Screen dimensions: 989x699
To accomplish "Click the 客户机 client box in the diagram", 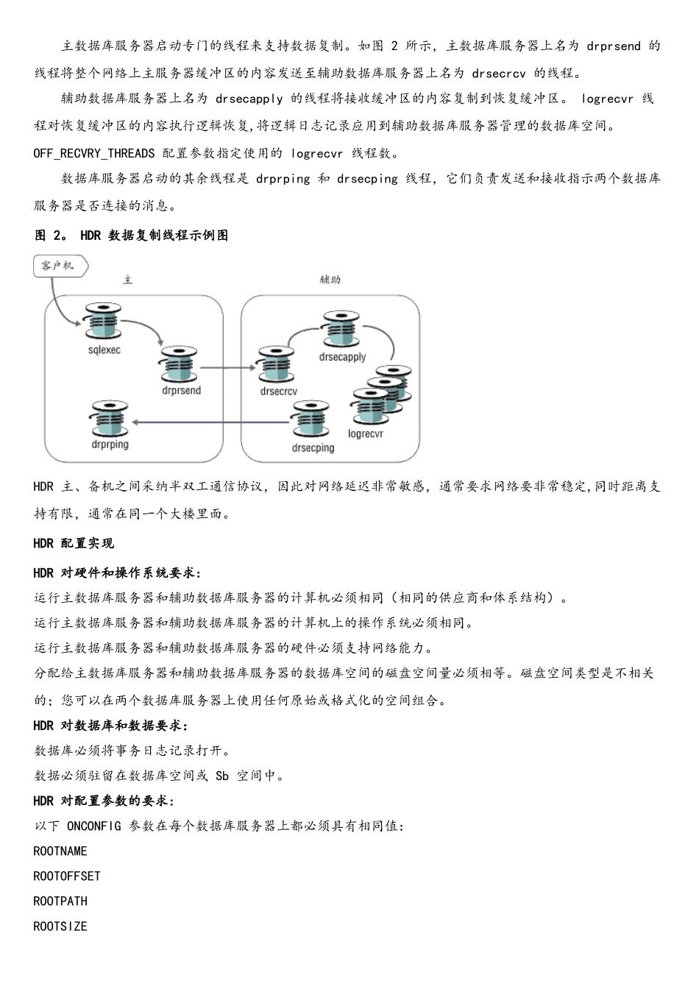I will coord(59,266).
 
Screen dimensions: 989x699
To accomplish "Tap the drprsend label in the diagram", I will coord(181,391).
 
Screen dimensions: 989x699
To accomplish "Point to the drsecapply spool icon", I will coord(342,330).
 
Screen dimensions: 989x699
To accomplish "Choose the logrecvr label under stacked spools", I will coord(366,434).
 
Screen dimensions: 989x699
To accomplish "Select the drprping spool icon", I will coord(110,419).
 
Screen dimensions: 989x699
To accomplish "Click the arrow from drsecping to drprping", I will coord(210,422).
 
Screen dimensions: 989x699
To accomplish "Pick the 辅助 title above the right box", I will coord(330,280).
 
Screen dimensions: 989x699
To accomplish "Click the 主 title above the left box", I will coord(128,280).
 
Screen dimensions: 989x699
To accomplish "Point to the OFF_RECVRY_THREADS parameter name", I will coord(94,153).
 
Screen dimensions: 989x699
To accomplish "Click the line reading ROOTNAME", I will coord(60,851).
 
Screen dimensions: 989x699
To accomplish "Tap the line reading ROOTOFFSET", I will coord(67,876).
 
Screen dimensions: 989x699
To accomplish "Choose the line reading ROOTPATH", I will coord(60,901).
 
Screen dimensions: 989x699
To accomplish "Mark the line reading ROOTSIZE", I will coord(60,926).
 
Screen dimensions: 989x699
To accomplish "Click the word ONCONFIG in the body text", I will coord(93,826).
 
